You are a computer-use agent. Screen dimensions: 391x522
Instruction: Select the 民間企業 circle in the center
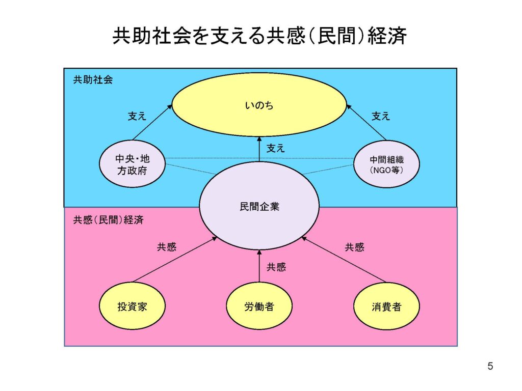(259, 207)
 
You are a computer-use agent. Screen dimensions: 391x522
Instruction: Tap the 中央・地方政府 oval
(133, 164)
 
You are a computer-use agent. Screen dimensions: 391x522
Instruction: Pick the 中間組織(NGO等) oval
(386, 164)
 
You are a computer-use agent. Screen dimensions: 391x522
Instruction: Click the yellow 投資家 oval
(133, 306)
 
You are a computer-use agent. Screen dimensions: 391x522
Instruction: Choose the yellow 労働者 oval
(259, 306)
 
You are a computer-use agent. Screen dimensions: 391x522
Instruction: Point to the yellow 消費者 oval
(386, 306)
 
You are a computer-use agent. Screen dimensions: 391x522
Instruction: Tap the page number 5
(490, 366)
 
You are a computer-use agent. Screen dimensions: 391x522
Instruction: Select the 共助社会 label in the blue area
(92, 80)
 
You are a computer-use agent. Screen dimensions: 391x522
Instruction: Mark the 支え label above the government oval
(137, 116)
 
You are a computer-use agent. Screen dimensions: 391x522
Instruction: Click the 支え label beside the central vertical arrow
(275, 149)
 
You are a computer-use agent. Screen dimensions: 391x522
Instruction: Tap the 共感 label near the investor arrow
(167, 247)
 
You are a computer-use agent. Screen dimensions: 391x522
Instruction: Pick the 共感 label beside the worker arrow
(276, 267)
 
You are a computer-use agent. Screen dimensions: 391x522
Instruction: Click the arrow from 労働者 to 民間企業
(259, 266)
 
